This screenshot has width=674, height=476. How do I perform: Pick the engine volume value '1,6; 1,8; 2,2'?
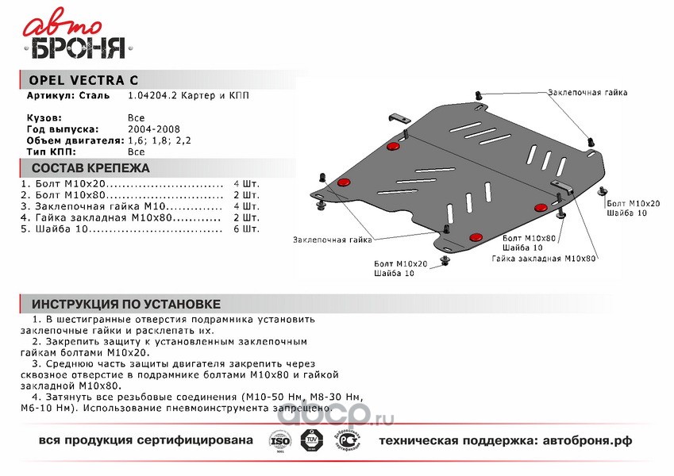pos(159,139)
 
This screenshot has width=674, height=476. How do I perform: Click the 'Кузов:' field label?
pos(44,117)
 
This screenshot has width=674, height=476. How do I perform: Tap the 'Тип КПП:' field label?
pos(51,150)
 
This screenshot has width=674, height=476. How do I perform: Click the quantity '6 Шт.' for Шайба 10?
pos(247,229)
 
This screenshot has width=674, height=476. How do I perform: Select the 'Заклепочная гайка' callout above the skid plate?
pos(587,93)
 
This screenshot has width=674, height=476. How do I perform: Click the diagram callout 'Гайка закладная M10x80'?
pos(544,259)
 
